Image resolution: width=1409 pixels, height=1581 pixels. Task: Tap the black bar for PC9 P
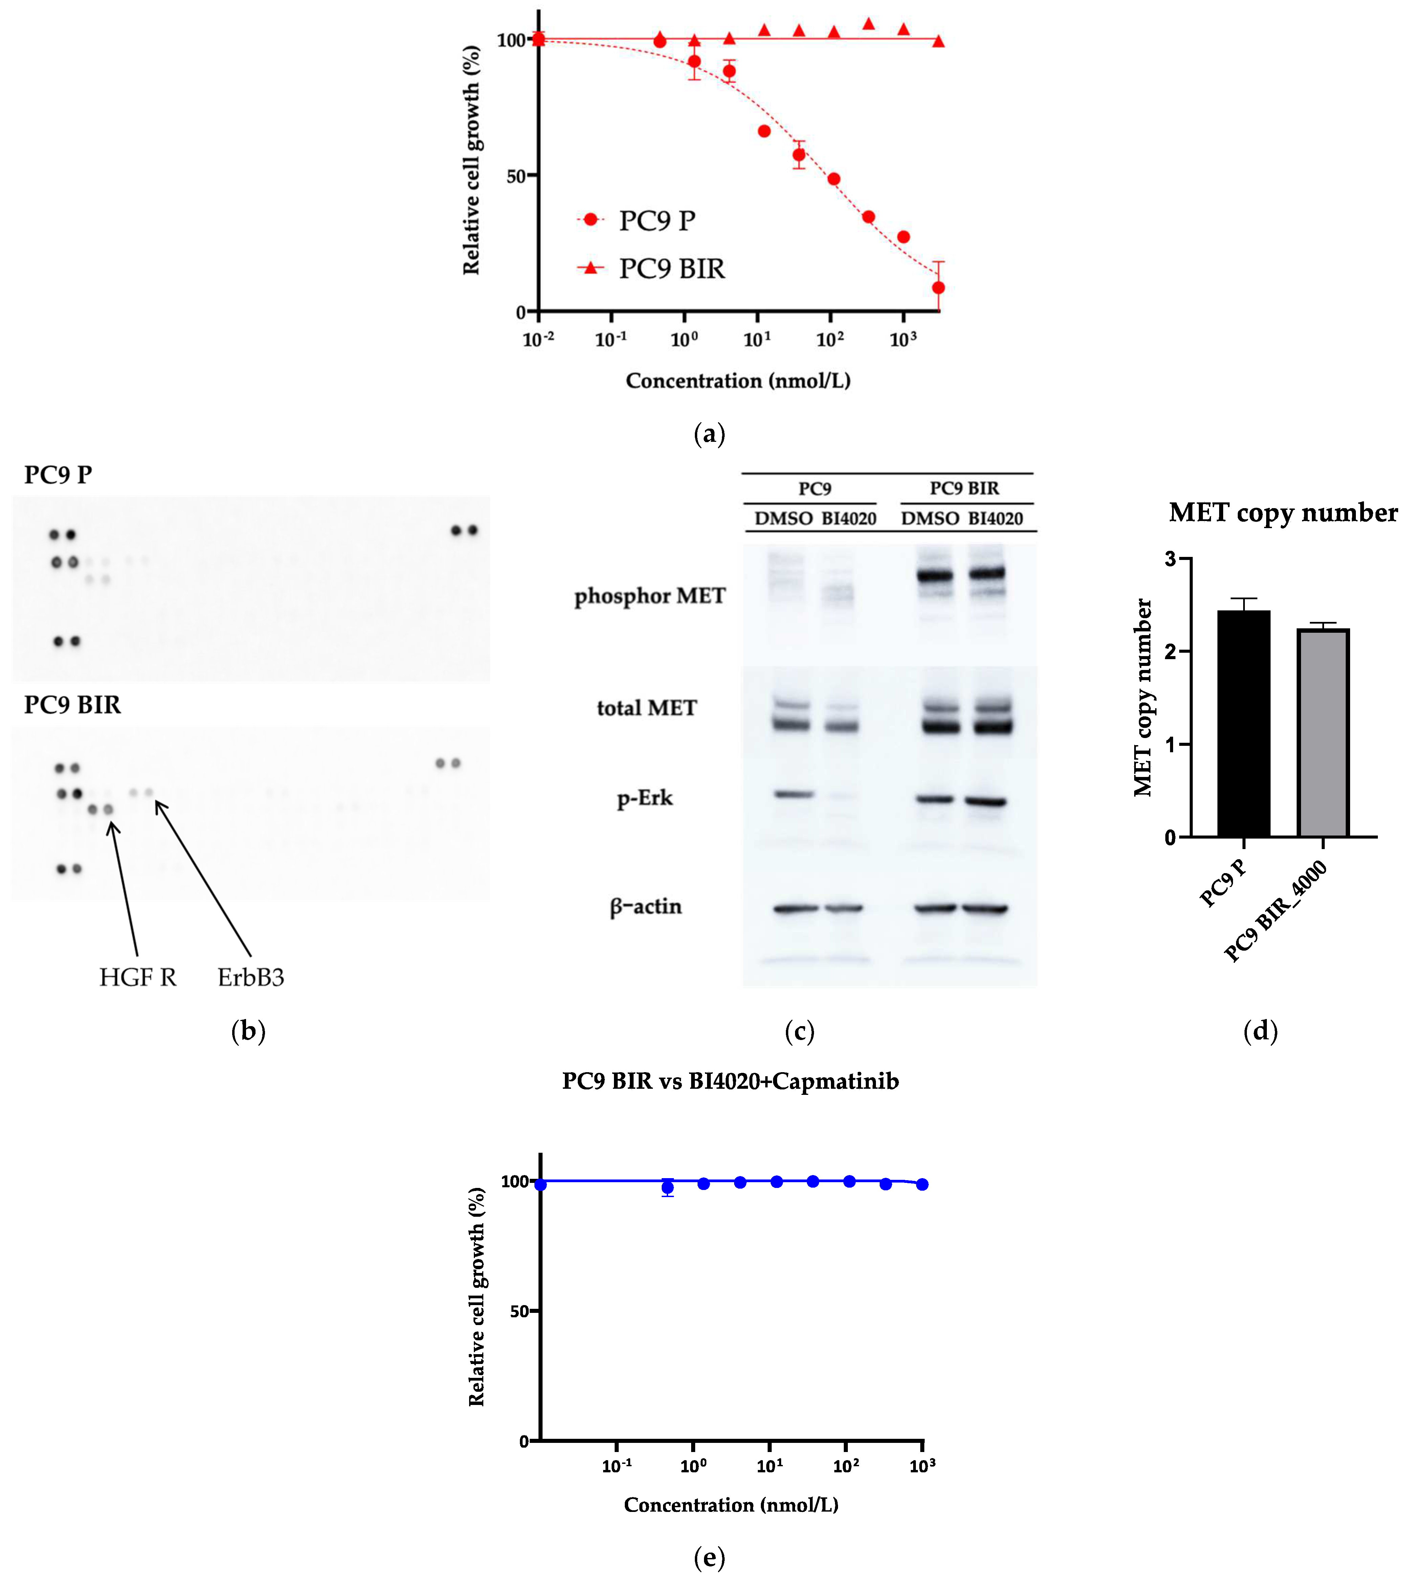coord(1243,724)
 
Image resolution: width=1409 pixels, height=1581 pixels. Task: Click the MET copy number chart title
coord(1283,513)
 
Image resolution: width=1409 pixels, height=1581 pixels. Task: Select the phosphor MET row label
coord(650,596)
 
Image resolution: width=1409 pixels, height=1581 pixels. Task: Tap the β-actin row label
coord(646,907)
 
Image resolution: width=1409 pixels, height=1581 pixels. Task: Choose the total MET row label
coord(646,708)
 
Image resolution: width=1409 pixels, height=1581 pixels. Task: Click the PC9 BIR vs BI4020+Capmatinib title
coord(730,1081)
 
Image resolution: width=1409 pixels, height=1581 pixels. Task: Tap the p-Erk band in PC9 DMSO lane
coord(794,794)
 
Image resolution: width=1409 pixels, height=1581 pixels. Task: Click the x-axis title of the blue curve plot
coord(731,1504)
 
